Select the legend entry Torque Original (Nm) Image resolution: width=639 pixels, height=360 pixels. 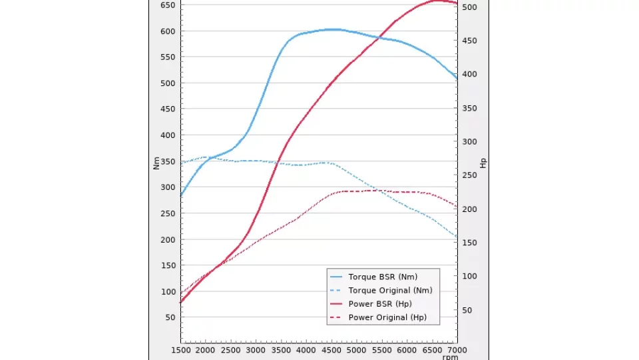(x=390, y=290)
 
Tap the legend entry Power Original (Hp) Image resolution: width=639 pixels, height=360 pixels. (x=387, y=317)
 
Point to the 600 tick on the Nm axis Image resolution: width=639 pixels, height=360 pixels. (x=167, y=31)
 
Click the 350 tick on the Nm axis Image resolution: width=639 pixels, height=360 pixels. (x=167, y=161)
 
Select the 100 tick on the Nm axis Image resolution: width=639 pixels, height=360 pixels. (x=167, y=291)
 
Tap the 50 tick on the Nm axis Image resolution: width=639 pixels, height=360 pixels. (x=170, y=317)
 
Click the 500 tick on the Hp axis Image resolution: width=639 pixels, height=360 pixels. (x=470, y=7)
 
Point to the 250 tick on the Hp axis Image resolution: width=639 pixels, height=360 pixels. (x=470, y=175)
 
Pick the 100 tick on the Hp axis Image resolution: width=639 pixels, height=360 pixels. (x=470, y=276)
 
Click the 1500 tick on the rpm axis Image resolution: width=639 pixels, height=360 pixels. (x=180, y=349)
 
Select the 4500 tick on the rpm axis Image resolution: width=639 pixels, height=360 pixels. (x=331, y=349)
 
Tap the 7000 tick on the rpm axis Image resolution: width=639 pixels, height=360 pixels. (x=457, y=349)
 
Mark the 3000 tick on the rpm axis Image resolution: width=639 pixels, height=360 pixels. (x=256, y=349)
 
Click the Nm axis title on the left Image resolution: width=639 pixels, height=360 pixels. (x=156, y=163)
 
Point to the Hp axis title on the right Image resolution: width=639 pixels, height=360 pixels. (x=484, y=163)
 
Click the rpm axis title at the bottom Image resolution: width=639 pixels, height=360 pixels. (x=450, y=357)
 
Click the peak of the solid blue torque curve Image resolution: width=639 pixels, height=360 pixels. (x=332, y=29)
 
